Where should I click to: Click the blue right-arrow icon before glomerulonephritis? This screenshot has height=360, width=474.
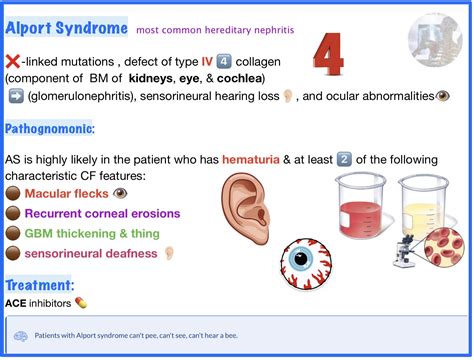click(x=14, y=97)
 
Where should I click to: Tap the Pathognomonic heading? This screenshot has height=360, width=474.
click(x=50, y=130)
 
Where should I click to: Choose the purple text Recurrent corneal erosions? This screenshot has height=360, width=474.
click(x=102, y=213)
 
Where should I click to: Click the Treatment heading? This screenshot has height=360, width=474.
click(x=38, y=285)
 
